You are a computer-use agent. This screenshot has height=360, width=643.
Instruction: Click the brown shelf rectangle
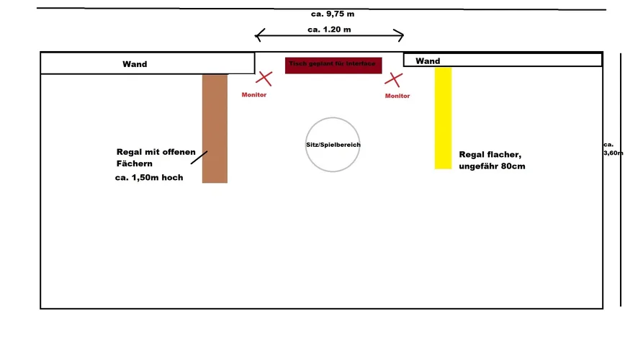tap(215, 128)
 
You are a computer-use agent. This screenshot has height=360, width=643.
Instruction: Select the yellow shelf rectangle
tap(443, 118)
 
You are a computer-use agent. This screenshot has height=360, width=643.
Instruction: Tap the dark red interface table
tap(332, 65)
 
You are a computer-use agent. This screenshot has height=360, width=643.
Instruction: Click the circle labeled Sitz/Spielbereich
tap(333, 145)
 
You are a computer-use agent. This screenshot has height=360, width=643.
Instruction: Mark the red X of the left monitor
tap(265, 78)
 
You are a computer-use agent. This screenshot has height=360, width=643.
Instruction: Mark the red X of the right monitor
tap(393, 79)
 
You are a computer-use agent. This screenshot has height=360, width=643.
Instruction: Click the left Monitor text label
tap(253, 94)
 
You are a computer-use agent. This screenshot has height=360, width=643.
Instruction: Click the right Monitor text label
tap(397, 96)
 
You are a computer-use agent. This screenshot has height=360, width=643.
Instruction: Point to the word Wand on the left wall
tap(135, 64)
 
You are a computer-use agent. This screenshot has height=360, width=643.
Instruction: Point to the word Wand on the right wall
tap(428, 61)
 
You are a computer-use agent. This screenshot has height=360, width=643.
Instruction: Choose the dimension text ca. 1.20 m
tap(329, 30)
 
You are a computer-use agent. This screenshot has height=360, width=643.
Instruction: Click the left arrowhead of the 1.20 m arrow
tap(258, 35)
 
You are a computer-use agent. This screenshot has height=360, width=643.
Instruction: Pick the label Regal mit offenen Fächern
tap(156, 157)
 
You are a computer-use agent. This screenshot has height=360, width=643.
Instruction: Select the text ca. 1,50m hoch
tap(148, 178)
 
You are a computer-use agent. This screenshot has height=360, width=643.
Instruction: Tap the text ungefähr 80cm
tap(493, 167)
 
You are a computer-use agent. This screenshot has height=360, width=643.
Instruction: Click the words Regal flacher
tap(490, 155)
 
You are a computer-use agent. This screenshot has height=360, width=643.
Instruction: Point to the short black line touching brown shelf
tap(199, 158)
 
